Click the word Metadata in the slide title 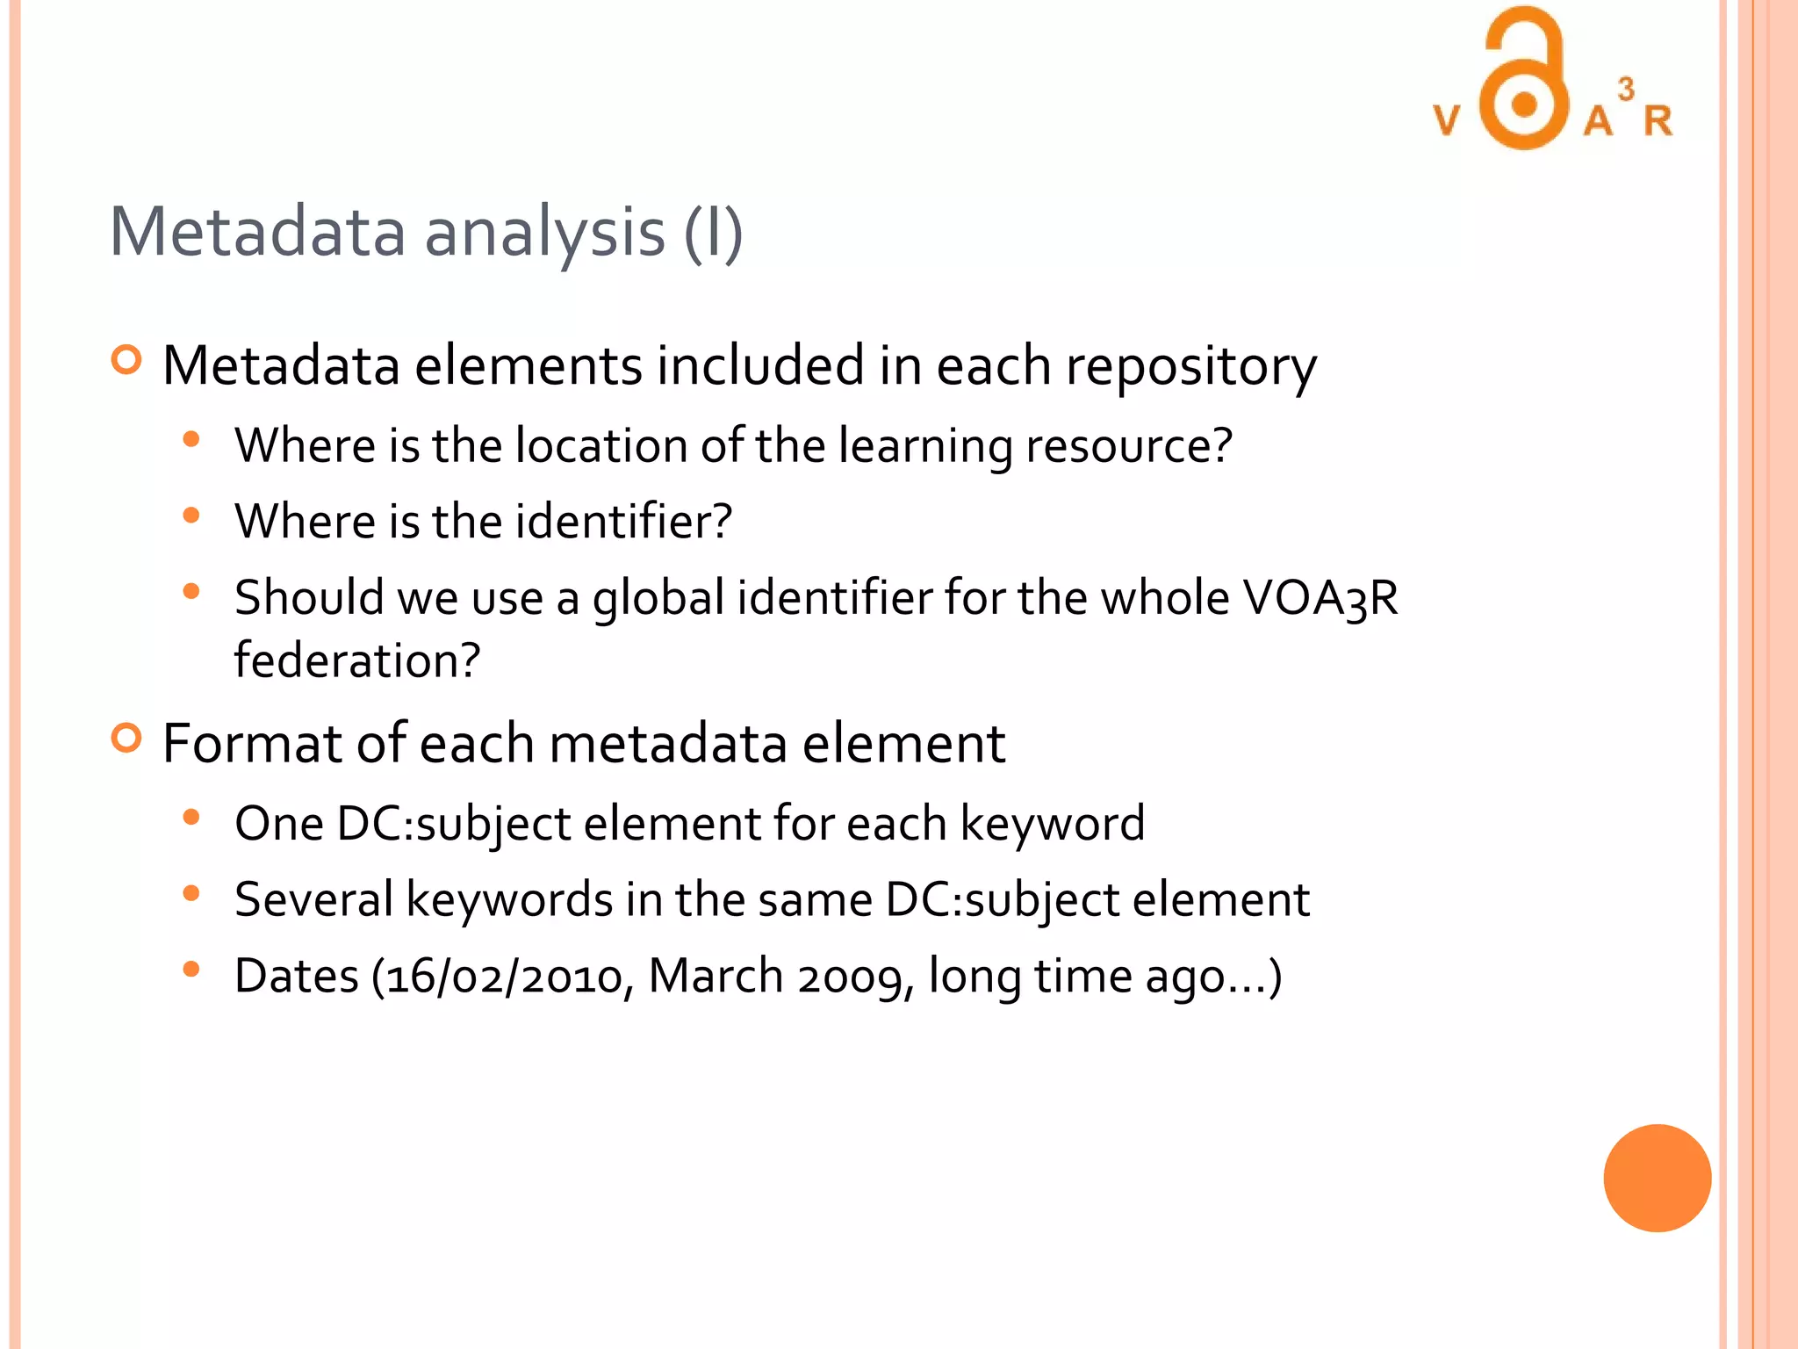pos(257,232)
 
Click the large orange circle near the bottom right pos(1657,1178)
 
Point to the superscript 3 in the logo pos(1626,89)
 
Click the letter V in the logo pos(1447,120)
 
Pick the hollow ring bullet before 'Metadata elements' pos(127,360)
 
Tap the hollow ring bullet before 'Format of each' pos(127,738)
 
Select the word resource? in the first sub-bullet pos(1129,445)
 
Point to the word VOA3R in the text pos(1320,598)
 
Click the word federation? pos(357,660)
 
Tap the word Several pos(313,900)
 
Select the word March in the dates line pos(716,976)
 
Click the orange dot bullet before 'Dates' pos(191,970)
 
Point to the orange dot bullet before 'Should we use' pos(191,591)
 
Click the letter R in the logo pos(1658,120)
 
